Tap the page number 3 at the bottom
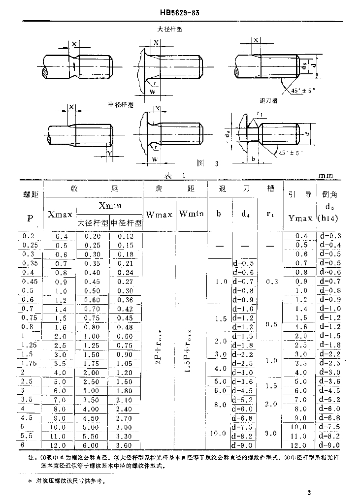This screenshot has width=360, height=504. [x=309, y=493]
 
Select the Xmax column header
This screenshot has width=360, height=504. [x=60, y=215]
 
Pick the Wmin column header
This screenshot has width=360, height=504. [x=191, y=214]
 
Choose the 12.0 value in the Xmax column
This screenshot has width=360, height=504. [x=61, y=445]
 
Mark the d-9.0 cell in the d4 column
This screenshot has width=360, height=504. [x=243, y=445]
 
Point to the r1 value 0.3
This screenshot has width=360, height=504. [x=271, y=282]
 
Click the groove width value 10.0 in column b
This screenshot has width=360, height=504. [x=220, y=434]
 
